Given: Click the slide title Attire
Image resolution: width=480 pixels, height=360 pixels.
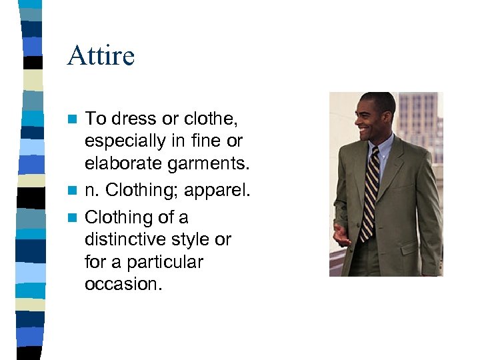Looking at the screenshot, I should [101, 55].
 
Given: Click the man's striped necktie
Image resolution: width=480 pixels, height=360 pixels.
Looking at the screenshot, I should [370, 193].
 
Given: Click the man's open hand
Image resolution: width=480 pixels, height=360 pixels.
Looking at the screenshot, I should [341, 234].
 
